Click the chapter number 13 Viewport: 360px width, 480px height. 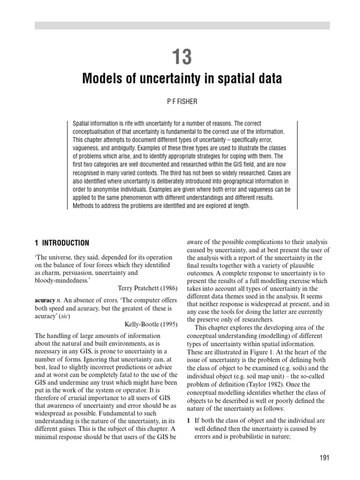[182, 57]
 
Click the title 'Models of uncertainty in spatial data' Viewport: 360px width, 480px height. [182, 79]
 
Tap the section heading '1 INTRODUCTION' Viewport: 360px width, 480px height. [61, 243]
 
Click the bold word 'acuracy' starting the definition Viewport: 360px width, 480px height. [46, 299]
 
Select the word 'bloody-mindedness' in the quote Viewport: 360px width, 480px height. [61, 280]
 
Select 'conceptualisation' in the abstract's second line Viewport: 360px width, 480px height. [97, 131]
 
